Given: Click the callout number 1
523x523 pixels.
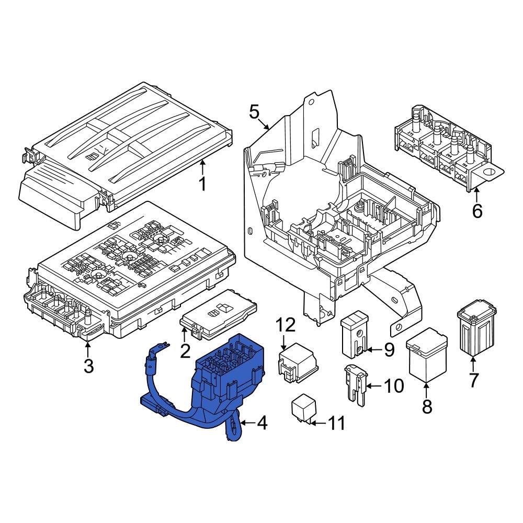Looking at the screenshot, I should [202, 184].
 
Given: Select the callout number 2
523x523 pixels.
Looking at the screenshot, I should [185, 351].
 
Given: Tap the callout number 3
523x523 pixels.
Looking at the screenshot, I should [88, 366].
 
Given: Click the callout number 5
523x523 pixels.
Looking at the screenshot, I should [254, 111].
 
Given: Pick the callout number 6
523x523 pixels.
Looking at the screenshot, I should [477, 211].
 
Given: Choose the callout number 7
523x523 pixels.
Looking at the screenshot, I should [473, 380].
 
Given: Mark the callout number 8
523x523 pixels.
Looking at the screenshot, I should [427, 406].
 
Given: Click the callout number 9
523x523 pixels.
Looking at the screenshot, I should [389, 350].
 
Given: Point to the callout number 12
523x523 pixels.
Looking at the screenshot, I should [286, 325].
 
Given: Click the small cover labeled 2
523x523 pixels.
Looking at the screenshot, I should [218, 313].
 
